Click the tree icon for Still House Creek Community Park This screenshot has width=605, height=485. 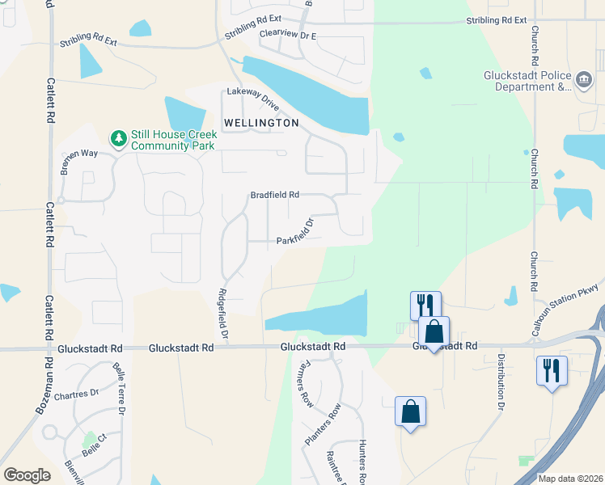(119, 139)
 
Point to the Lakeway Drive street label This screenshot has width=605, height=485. (253, 99)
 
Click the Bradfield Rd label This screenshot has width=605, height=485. (275, 195)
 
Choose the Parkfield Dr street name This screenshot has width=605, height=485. (295, 234)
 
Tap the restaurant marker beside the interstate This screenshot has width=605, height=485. (552, 371)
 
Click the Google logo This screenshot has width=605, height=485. (27, 474)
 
